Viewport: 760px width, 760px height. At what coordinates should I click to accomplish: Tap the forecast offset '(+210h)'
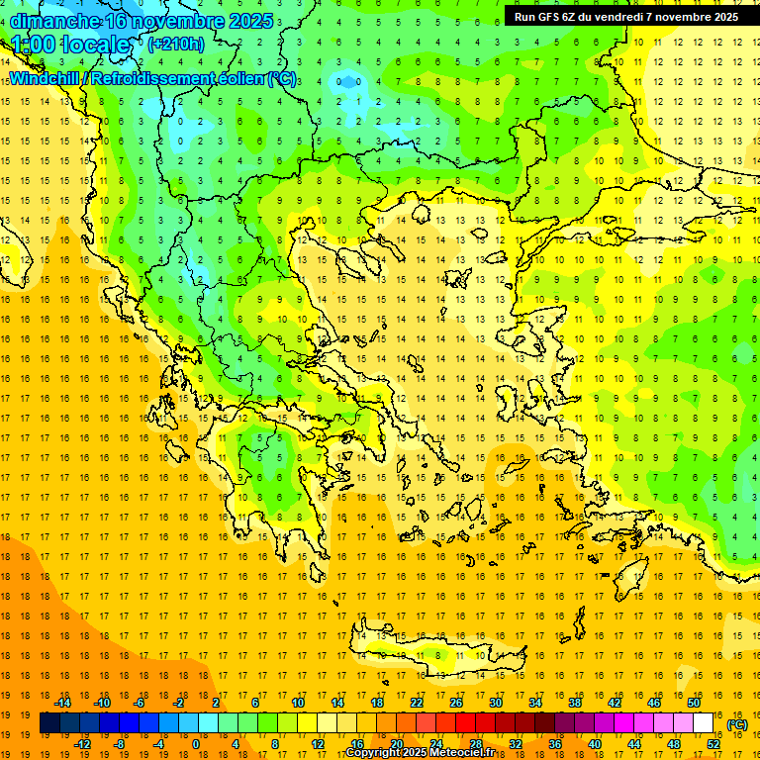click(175, 44)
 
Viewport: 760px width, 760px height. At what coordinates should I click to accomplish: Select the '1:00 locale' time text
click(71, 45)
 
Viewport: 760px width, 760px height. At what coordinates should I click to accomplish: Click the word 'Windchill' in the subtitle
click(44, 78)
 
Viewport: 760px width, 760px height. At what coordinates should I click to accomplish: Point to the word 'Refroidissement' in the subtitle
click(162, 78)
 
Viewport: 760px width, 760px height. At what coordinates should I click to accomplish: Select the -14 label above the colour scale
click(62, 703)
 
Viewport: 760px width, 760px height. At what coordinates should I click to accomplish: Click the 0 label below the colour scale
click(195, 744)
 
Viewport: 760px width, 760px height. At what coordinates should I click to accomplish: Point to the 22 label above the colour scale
click(417, 703)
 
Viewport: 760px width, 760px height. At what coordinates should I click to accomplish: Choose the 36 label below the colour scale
click(555, 744)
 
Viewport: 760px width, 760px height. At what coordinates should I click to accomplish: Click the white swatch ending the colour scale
click(704, 723)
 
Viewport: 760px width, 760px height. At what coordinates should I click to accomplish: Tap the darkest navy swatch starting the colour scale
click(49, 723)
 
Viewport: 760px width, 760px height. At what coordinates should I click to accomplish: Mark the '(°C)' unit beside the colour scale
click(736, 724)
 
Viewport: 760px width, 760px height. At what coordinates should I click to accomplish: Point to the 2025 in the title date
click(243, 21)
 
